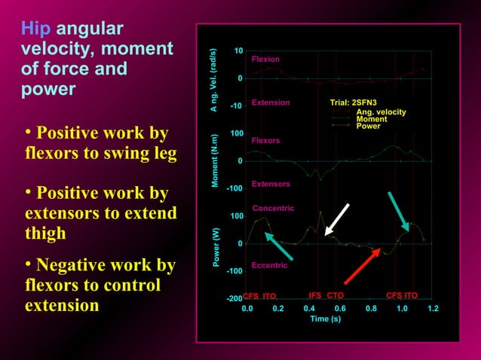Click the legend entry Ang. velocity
(381, 112)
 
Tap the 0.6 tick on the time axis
(340, 308)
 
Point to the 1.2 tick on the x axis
(433, 308)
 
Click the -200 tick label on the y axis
(234, 299)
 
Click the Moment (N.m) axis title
(215, 161)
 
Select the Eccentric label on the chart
(270, 265)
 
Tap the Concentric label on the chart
(273, 208)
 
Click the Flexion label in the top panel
(265, 59)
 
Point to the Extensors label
(271, 184)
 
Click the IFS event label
(316, 296)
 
